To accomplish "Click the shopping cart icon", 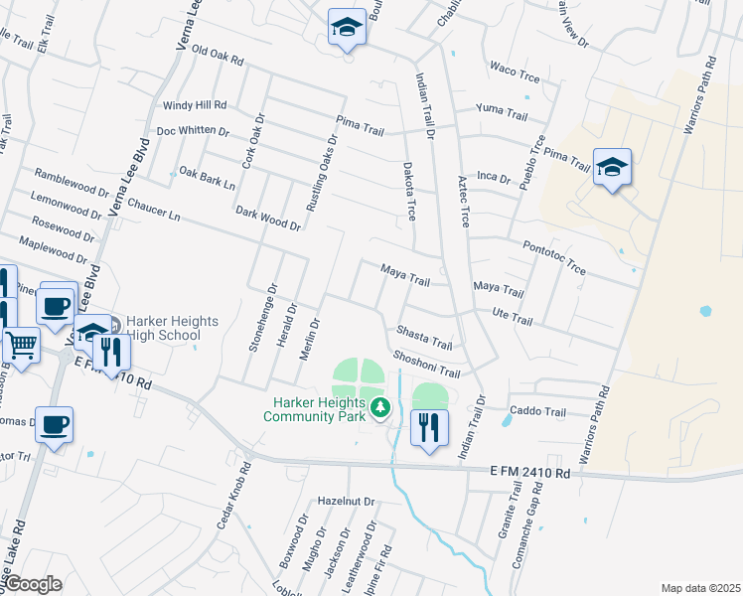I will pos(21,345).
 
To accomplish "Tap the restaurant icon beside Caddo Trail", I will pos(429,427).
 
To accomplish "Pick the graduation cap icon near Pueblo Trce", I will pos(612,168).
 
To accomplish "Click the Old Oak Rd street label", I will pos(217,55).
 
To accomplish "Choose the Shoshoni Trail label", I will pos(426,363).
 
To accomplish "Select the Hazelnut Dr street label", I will pos(345,503).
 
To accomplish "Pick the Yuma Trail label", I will pos(502,110).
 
